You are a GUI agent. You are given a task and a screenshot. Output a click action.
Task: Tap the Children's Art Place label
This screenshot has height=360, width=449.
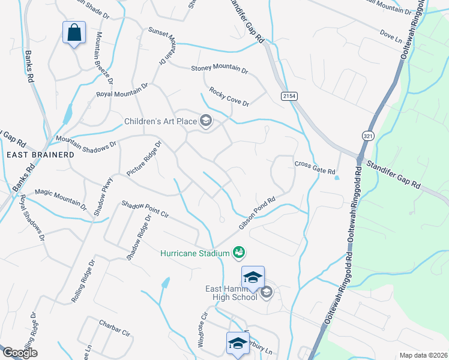tap(160, 121)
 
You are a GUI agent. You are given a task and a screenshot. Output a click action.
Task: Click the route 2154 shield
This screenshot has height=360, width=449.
tap(289, 97)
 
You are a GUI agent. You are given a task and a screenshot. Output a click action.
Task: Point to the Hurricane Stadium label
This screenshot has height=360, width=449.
tap(195, 253)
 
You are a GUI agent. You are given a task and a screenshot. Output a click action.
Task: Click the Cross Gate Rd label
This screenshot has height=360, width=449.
tap(315, 167)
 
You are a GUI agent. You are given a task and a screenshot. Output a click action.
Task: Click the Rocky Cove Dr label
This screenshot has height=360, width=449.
tap(229, 96)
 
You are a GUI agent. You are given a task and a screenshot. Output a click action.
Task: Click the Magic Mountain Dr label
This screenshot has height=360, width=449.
tap(60, 197)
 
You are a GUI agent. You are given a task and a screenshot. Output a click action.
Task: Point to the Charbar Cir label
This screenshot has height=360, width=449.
tap(115, 329)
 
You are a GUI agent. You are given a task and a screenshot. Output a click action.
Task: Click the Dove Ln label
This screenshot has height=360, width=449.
tap(391, 35)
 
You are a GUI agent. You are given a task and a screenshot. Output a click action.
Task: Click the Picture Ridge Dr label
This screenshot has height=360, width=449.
tap(145, 159)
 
